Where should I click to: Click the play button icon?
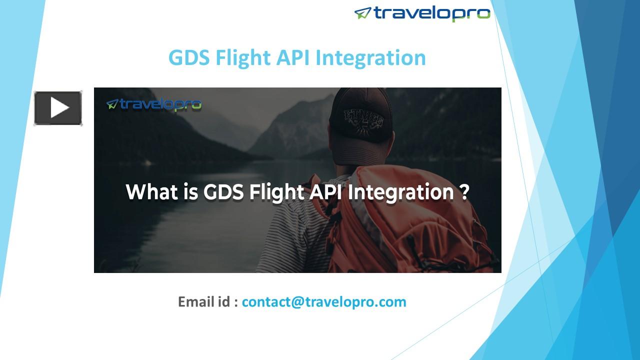point(58,107)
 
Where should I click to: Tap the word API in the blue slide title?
point(292,57)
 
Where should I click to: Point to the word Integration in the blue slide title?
point(370,57)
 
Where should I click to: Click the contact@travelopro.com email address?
point(324,302)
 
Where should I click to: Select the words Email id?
point(204,302)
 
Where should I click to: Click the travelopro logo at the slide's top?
point(422,13)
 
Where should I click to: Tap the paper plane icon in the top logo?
point(362,13)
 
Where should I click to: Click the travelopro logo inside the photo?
point(154,104)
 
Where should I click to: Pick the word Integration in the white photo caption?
point(399,192)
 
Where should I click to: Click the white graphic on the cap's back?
point(362,120)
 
